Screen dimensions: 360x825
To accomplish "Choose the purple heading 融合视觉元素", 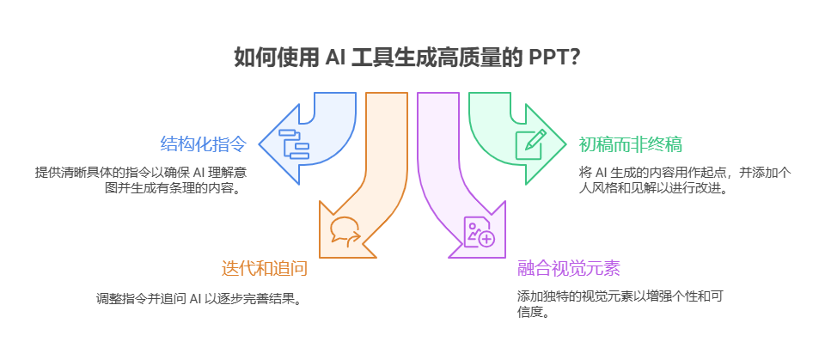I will [x=568, y=268].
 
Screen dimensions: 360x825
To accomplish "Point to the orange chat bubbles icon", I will [x=345, y=230].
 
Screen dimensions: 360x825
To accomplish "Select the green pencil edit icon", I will [x=529, y=142].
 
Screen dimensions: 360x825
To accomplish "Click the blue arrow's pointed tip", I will [x=262, y=141].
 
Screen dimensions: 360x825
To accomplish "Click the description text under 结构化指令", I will [x=137, y=179].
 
